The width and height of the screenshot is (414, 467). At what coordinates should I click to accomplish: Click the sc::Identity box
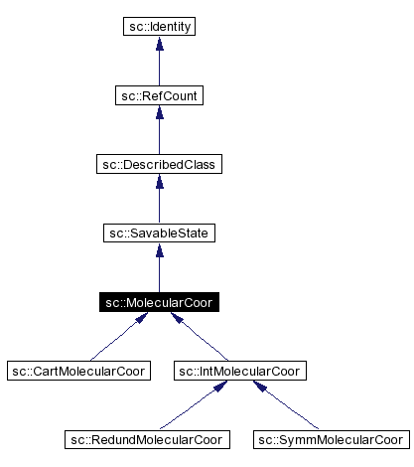(x=159, y=27)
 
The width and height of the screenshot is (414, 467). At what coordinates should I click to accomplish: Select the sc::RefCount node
(x=159, y=95)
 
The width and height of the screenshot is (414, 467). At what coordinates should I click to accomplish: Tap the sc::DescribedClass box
(x=159, y=164)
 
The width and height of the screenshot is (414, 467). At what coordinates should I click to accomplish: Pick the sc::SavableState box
(x=159, y=233)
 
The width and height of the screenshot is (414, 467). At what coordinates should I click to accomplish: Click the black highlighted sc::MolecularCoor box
(x=159, y=301)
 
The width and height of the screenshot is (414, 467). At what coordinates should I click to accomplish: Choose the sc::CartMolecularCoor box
(x=77, y=371)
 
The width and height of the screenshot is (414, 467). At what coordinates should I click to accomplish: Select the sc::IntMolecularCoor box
(x=239, y=371)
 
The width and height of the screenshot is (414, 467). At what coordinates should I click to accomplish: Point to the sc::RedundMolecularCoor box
(x=149, y=438)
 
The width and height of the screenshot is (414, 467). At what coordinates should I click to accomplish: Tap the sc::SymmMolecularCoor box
(x=330, y=438)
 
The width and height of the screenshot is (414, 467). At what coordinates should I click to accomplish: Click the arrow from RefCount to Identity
(x=159, y=65)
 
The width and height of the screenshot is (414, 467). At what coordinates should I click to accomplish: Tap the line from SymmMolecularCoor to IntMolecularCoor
(x=288, y=407)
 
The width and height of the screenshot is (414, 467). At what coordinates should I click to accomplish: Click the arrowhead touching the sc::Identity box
(x=159, y=45)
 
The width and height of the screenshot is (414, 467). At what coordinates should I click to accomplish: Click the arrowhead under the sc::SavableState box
(x=159, y=250)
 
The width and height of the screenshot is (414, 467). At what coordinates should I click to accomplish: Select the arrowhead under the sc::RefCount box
(x=159, y=113)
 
